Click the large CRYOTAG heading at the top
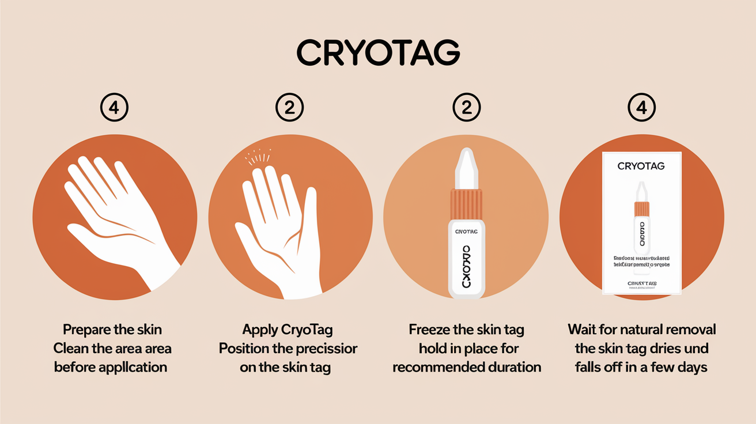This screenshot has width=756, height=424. coord(378,54)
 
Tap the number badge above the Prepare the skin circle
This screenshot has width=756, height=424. coord(114,108)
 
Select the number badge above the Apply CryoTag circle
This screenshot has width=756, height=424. coord(290,108)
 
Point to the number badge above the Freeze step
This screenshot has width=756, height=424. coord(466,108)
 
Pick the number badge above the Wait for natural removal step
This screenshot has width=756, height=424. coord(642,108)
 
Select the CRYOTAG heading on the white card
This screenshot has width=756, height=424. coord(641,166)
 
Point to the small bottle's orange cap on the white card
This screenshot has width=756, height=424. coord(641,209)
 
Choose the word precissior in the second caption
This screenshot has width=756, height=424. coord(324,349)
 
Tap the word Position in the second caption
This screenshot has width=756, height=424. coord(246,349)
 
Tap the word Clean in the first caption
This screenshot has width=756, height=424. coord(71,349)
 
